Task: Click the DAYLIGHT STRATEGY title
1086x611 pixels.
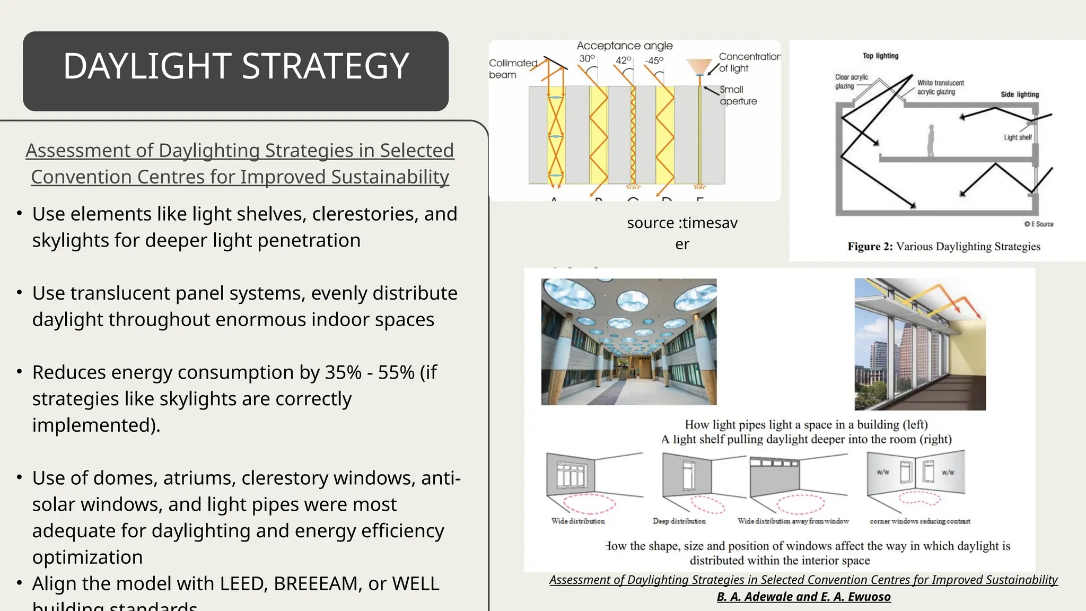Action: coord(236,66)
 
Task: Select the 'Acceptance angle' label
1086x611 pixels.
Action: coord(624,46)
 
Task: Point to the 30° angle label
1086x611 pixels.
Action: coord(586,58)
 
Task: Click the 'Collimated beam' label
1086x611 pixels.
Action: coord(512,69)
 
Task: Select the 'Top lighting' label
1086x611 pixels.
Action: coord(880,56)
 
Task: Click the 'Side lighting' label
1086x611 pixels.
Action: coord(1019,94)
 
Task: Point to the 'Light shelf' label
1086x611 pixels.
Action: coord(1017,137)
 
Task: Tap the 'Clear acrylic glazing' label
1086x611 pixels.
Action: coord(851,81)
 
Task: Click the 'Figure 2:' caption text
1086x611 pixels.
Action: coord(870,247)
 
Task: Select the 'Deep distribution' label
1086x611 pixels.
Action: coord(679,521)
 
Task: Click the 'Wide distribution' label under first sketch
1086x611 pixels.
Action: coord(577,521)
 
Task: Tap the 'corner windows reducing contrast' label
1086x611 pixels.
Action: coord(919,521)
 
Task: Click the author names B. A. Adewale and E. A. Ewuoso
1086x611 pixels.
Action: coord(803,597)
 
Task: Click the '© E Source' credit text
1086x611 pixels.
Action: coord(1039,224)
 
